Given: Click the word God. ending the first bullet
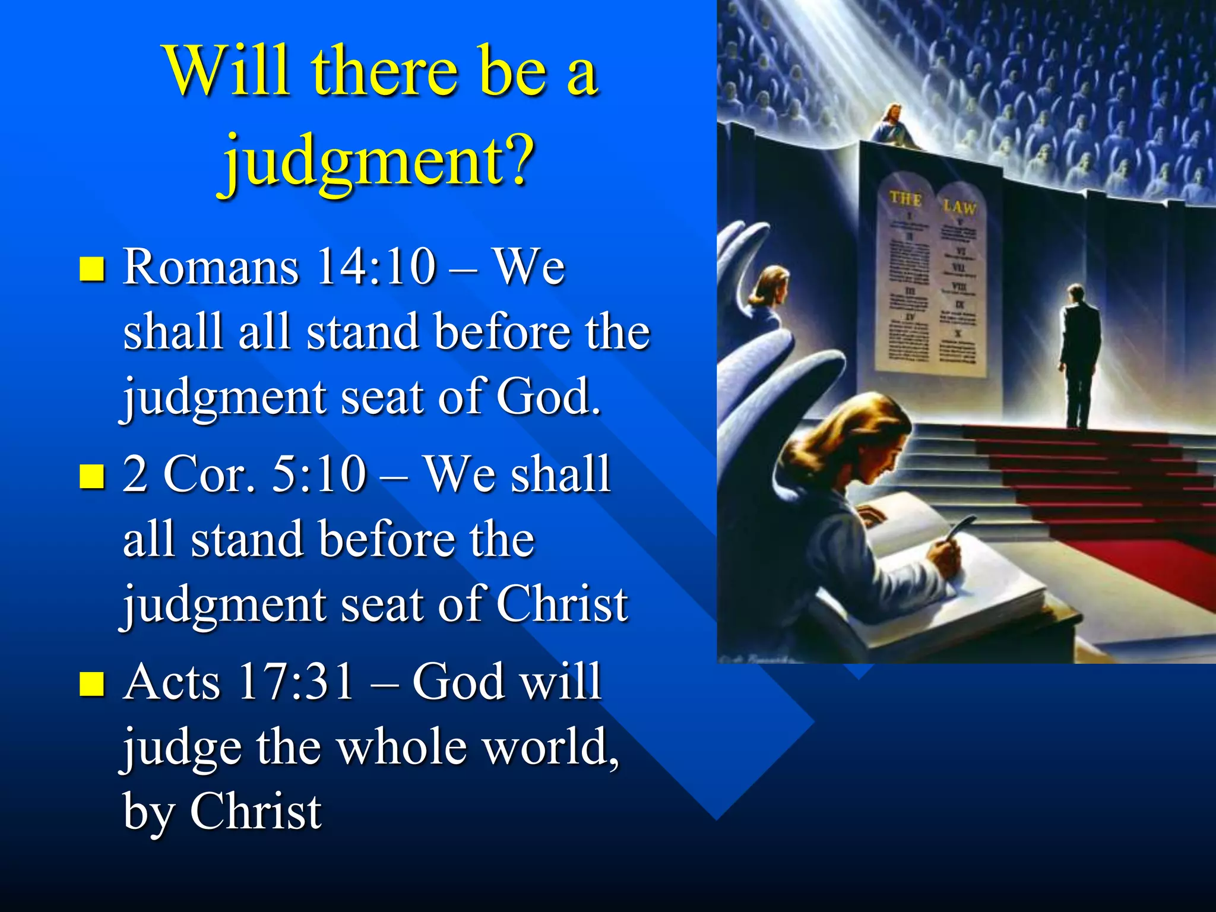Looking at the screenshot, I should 547,397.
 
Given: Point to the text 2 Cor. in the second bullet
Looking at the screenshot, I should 189,475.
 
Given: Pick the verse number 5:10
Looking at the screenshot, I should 318,475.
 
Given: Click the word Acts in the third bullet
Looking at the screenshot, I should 172,683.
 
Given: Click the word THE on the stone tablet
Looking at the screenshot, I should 905,198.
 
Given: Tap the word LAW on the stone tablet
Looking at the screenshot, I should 959,207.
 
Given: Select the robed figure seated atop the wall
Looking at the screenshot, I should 891,126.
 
